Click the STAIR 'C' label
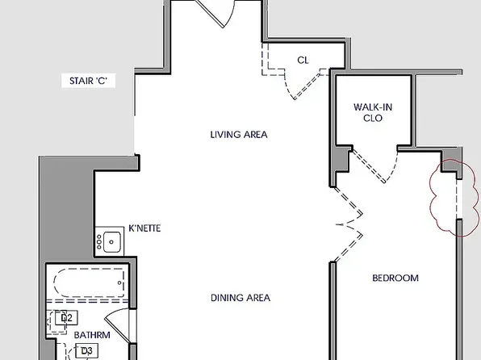click(x=88, y=81)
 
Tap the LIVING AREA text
click(x=239, y=135)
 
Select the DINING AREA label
click(x=240, y=298)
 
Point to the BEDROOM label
click(x=395, y=278)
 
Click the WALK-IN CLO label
click(x=373, y=113)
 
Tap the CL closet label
click(x=303, y=61)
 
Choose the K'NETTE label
click(x=144, y=228)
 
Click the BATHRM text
click(x=92, y=335)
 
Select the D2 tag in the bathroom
click(x=66, y=318)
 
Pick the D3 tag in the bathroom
click(x=87, y=350)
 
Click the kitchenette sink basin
click(x=111, y=242)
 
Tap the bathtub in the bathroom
click(x=90, y=283)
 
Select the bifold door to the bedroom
click(x=349, y=225)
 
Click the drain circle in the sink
click(x=111, y=242)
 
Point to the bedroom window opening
click(x=459, y=199)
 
